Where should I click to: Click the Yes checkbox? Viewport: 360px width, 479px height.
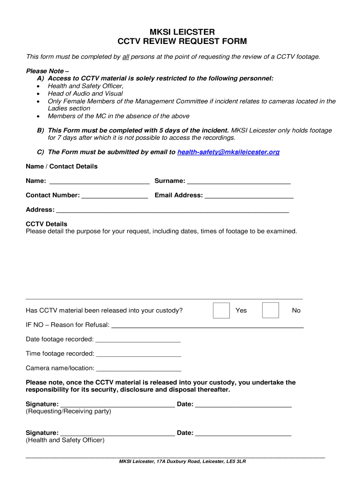[221, 311]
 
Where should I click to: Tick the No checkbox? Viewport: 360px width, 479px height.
[270, 311]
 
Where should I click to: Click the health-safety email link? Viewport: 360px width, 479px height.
[229, 152]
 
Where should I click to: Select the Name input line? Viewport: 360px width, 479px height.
[99, 181]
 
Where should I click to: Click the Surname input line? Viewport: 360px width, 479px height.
[238, 181]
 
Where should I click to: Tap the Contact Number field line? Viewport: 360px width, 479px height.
[115, 196]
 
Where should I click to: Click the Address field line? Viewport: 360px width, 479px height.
[172, 210]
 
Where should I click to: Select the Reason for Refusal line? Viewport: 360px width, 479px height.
[208, 325]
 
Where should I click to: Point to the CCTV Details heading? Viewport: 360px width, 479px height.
[46, 224]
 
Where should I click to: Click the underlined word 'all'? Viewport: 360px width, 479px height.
[125, 57]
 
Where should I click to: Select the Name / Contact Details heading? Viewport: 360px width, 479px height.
[62, 167]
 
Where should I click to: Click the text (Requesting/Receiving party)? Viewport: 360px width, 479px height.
[68, 412]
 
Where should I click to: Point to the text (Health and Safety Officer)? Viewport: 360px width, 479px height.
[65, 440]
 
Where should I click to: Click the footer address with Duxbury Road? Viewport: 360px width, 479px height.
[182, 462]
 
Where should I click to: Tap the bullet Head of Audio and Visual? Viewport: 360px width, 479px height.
[85, 94]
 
